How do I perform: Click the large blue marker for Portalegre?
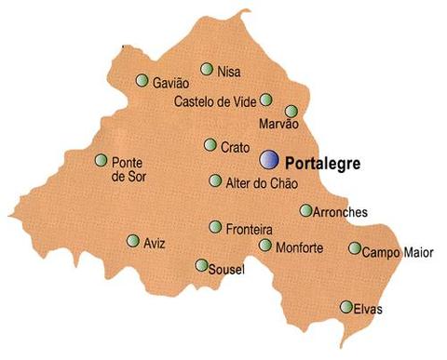tap(269, 160)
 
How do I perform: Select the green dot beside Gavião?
tap(142, 81)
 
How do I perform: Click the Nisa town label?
tap(228, 71)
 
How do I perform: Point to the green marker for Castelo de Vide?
tap(266, 100)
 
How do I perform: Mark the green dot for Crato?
tap(210, 145)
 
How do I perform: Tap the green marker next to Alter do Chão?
tap(216, 180)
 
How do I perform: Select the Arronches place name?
tap(341, 212)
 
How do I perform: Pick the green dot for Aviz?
tap(133, 241)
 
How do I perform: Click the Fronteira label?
tap(250, 228)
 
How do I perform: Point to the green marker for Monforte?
tap(266, 246)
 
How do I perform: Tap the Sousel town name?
tap(227, 270)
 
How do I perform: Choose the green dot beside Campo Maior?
tap(355, 248)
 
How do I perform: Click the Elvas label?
tap(369, 309)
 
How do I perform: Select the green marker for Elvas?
tap(346, 307)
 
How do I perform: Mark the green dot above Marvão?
tap(291, 111)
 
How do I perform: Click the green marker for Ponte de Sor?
tap(102, 160)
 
